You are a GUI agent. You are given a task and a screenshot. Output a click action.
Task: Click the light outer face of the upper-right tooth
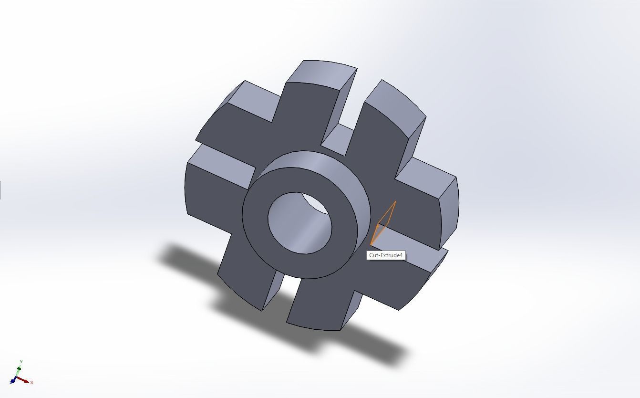coord(396,105)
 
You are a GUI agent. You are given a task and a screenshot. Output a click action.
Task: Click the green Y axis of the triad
coord(19,370)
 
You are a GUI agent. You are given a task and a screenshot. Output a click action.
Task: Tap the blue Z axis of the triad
coord(12,382)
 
